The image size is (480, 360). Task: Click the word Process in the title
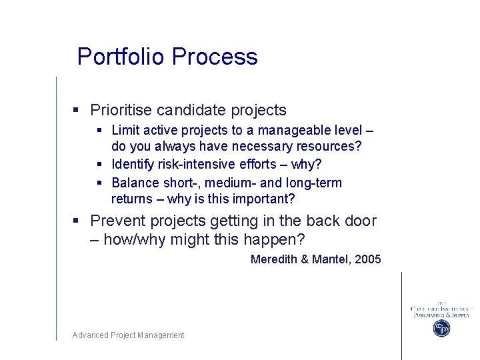pyautogui.click(x=215, y=57)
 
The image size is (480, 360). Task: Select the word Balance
pyautogui.click(x=135, y=183)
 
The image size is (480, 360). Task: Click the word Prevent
pyautogui.click(x=118, y=221)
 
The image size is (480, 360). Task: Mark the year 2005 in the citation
pyautogui.click(x=368, y=259)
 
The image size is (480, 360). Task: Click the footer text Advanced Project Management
pyautogui.click(x=128, y=335)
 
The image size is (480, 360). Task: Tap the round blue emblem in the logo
pyautogui.click(x=441, y=328)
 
